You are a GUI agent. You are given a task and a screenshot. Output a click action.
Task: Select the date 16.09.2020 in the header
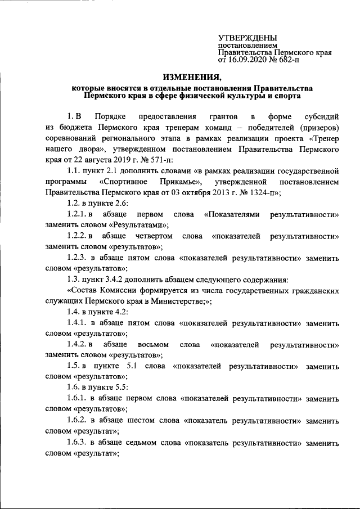[x=248, y=58]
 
